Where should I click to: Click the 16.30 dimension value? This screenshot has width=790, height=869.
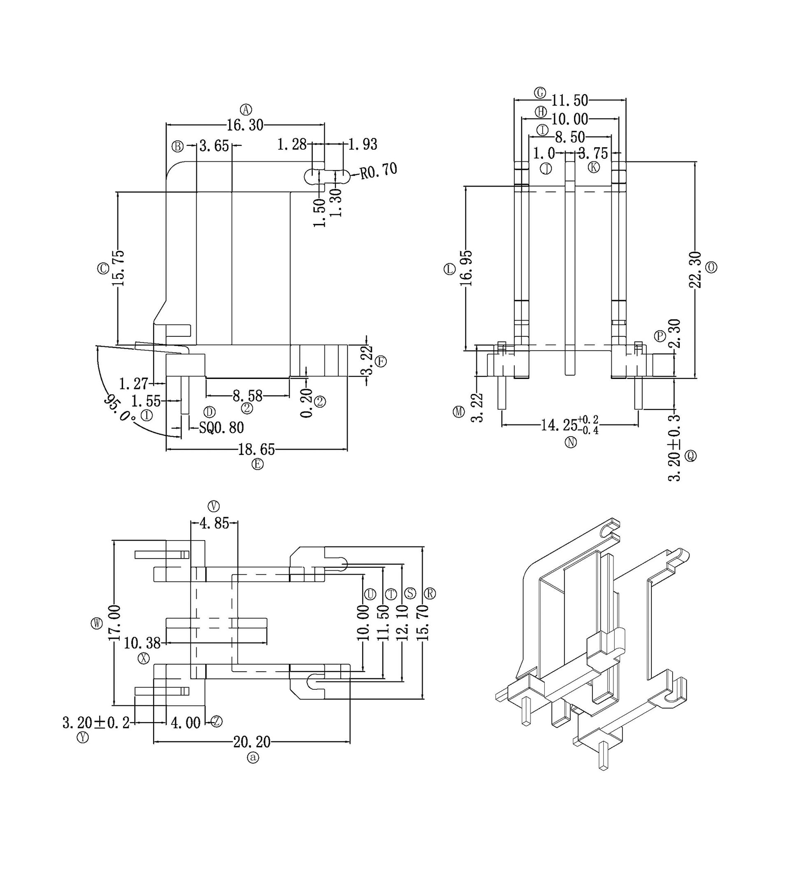245,125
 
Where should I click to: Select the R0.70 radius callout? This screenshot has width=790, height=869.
379,171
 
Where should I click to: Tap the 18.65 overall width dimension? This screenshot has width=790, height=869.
256,450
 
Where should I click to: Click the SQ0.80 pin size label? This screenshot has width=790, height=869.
221,428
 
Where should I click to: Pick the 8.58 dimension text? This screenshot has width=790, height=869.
247,395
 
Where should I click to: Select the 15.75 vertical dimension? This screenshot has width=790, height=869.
118,268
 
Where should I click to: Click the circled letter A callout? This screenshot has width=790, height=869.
246,109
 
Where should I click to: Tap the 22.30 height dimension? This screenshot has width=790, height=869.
695,269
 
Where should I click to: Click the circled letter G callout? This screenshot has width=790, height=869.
540,92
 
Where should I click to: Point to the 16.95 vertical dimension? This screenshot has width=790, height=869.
466,268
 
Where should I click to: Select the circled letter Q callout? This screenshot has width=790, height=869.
690,455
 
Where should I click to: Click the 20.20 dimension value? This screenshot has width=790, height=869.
251,742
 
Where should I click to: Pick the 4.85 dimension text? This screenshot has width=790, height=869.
214,523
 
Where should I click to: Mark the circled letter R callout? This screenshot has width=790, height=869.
430,594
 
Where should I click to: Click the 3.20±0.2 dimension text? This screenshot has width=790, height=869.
96,722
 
